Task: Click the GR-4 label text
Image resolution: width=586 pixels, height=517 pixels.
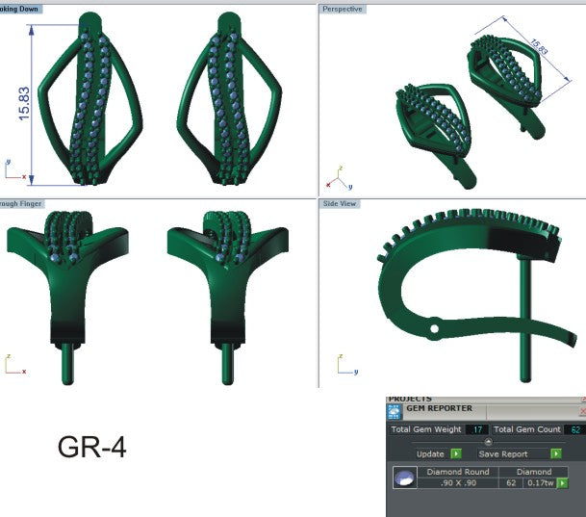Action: click(91, 448)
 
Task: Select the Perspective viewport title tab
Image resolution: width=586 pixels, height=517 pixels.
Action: click(343, 9)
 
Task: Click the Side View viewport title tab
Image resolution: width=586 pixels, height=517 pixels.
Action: click(340, 204)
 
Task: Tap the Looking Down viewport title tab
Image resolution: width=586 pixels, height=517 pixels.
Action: click(21, 9)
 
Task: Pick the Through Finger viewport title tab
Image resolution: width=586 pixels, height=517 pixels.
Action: click(21, 204)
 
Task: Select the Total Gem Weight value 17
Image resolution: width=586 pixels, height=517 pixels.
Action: click(476, 429)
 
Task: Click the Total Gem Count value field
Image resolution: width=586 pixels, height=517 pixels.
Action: click(575, 429)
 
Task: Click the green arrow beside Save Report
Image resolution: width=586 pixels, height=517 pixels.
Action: click(556, 453)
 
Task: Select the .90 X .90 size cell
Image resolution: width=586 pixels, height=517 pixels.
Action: click(465, 483)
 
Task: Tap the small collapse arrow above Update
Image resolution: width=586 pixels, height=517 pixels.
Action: click(487, 442)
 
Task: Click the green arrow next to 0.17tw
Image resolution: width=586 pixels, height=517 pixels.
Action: click(561, 483)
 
